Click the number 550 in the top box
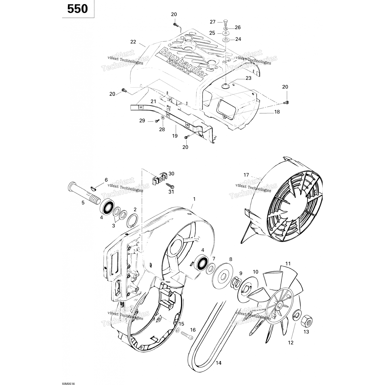click(x=78, y=9)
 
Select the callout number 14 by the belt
click(x=218, y=363)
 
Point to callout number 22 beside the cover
click(x=133, y=42)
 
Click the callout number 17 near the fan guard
click(x=246, y=175)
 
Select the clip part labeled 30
click(x=158, y=177)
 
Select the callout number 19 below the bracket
click(x=175, y=136)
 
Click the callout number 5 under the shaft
click(x=83, y=203)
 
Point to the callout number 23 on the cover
click(x=248, y=78)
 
